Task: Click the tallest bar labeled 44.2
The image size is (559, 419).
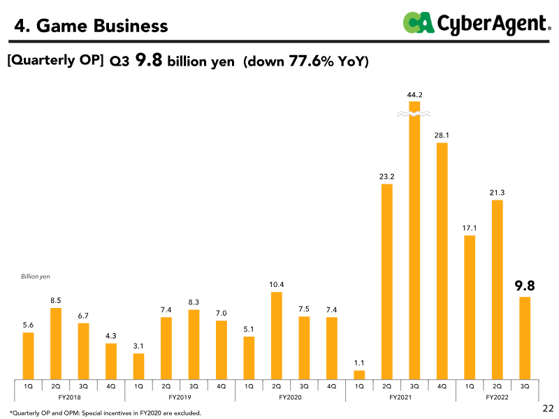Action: pos(414,244)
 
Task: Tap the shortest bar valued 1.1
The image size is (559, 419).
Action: pos(359,375)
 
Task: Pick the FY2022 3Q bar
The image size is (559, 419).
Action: pos(525,338)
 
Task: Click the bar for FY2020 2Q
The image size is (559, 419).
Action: pos(277,335)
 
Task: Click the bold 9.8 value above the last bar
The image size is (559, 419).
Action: pos(525,286)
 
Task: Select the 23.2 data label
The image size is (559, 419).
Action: pos(386,177)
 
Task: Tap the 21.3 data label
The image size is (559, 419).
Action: pos(497,193)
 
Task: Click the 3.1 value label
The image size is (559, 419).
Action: pos(138,345)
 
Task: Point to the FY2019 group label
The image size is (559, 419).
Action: pos(180,397)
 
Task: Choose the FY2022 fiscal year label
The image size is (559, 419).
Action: pos(497,397)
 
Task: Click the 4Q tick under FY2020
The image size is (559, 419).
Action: pos(331,385)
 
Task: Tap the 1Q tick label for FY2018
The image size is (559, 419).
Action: pos(28,385)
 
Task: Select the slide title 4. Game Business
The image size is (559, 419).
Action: pos(92,27)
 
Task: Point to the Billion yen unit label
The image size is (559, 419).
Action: pos(36,277)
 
